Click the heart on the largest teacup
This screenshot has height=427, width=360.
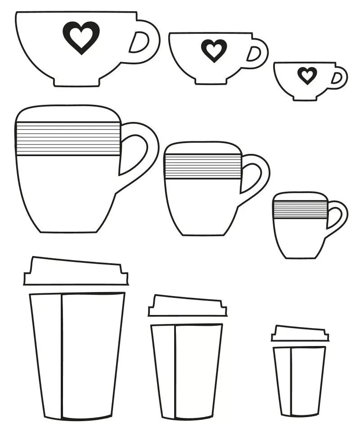pyautogui.click(x=81, y=37)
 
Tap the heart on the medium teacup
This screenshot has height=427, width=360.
pyautogui.click(x=214, y=49)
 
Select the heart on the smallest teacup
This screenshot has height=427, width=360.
pyautogui.click(x=307, y=75)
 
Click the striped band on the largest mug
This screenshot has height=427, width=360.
pyautogui.click(x=68, y=139)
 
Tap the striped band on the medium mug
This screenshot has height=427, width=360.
pyautogui.click(x=202, y=166)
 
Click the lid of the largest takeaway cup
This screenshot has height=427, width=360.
pyautogui.click(x=76, y=272)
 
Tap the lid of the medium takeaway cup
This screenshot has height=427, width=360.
pyautogui.click(x=187, y=306)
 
